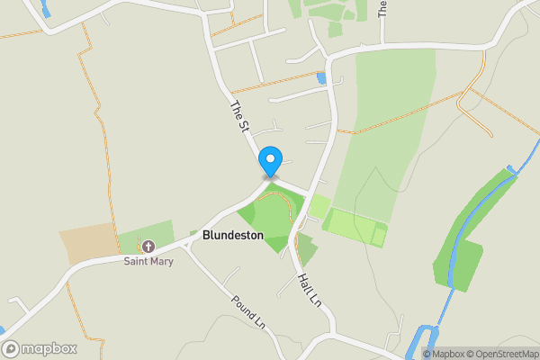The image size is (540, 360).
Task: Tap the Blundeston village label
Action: click(x=233, y=235)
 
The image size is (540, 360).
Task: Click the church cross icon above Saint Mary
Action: click(x=148, y=246)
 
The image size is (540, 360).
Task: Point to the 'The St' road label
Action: click(x=239, y=118)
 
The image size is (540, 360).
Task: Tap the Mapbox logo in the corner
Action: click(x=40, y=348)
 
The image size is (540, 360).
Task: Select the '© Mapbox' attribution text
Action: click(x=444, y=353)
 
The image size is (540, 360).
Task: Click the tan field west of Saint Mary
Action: click(x=89, y=244)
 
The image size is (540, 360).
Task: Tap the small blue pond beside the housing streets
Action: click(x=321, y=79)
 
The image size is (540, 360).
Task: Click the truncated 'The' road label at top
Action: click(x=382, y=9)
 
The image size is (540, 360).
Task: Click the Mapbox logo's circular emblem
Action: click(x=11, y=348)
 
